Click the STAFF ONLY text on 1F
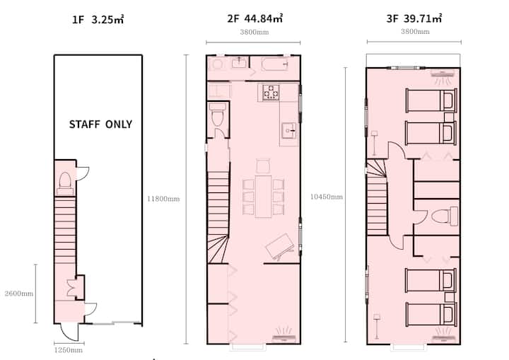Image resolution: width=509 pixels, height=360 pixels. (100, 124)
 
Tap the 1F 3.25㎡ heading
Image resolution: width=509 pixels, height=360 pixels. (98, 20)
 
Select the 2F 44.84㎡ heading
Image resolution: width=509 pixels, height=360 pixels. (255, 18)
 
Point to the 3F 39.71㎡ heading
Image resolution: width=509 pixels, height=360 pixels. (414, 18)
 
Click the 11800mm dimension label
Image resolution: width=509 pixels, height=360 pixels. (163, 199)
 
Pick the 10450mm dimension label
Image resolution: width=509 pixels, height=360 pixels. (326, 197)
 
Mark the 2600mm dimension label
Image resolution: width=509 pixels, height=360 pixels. (19, 294)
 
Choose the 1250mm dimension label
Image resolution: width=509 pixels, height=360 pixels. (68, 350)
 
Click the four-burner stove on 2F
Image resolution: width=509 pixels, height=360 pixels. (271, 92)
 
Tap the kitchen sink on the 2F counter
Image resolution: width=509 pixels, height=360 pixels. (288, 130)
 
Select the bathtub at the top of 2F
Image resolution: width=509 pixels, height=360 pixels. (274, 64)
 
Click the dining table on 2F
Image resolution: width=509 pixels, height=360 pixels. (263, 197)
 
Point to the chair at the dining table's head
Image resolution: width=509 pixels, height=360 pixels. (263, 166)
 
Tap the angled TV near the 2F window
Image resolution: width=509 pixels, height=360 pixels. (279, 247)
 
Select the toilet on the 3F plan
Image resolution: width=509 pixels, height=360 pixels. (445, 216)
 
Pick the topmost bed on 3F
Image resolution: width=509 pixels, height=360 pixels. (431, 100)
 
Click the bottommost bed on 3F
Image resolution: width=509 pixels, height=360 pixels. (431, 314)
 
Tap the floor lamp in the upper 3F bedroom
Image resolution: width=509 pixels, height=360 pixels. (374, 143)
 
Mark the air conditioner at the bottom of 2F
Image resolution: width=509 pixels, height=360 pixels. (284, 335)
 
